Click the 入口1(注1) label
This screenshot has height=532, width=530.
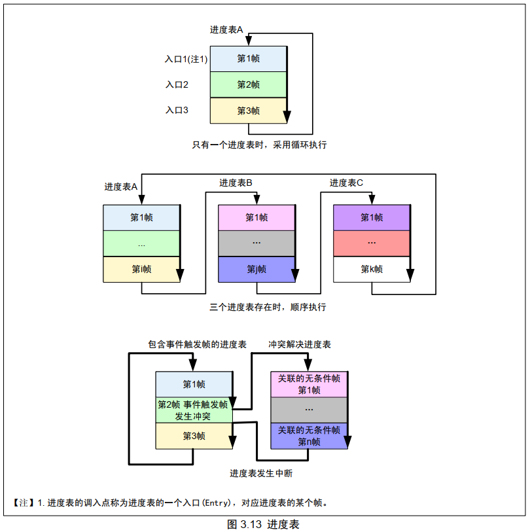coord(186,59)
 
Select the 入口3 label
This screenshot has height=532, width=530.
coord(177,111)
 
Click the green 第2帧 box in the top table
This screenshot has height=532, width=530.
coord(248,84)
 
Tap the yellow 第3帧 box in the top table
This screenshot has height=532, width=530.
coord(248,111)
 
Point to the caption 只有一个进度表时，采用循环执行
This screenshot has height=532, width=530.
coord(259,145)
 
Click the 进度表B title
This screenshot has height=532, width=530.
coord(236,183)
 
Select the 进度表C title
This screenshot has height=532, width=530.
coord(347,183)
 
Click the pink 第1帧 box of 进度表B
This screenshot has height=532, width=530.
coord(256,217)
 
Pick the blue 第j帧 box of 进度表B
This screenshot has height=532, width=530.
coord(256,269)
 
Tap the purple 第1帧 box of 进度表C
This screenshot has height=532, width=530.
coord(372,217)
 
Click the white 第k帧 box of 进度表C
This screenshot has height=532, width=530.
coord(372,269)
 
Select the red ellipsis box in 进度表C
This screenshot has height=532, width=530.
coord(372,243)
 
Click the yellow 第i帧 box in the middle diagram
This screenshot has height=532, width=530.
coord(141,269)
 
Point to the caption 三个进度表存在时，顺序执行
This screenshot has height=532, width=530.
coord(268,307)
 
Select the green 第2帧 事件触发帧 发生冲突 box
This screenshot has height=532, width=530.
coord(193,410)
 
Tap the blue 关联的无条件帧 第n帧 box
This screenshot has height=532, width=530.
coord(309,436)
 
